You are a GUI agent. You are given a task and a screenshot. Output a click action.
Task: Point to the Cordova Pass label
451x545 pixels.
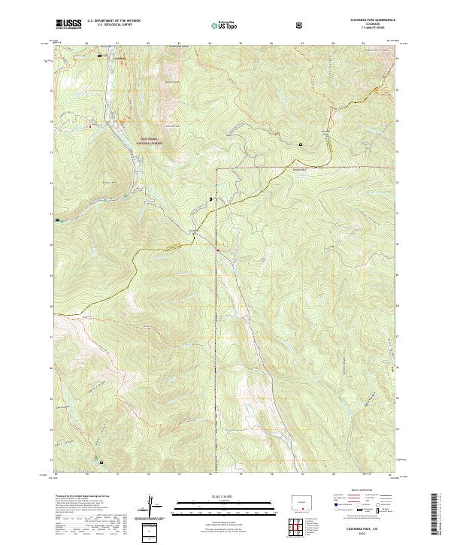(x=326, y=134)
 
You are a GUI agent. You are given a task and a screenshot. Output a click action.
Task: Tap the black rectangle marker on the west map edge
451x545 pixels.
(x=58, y=220)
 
